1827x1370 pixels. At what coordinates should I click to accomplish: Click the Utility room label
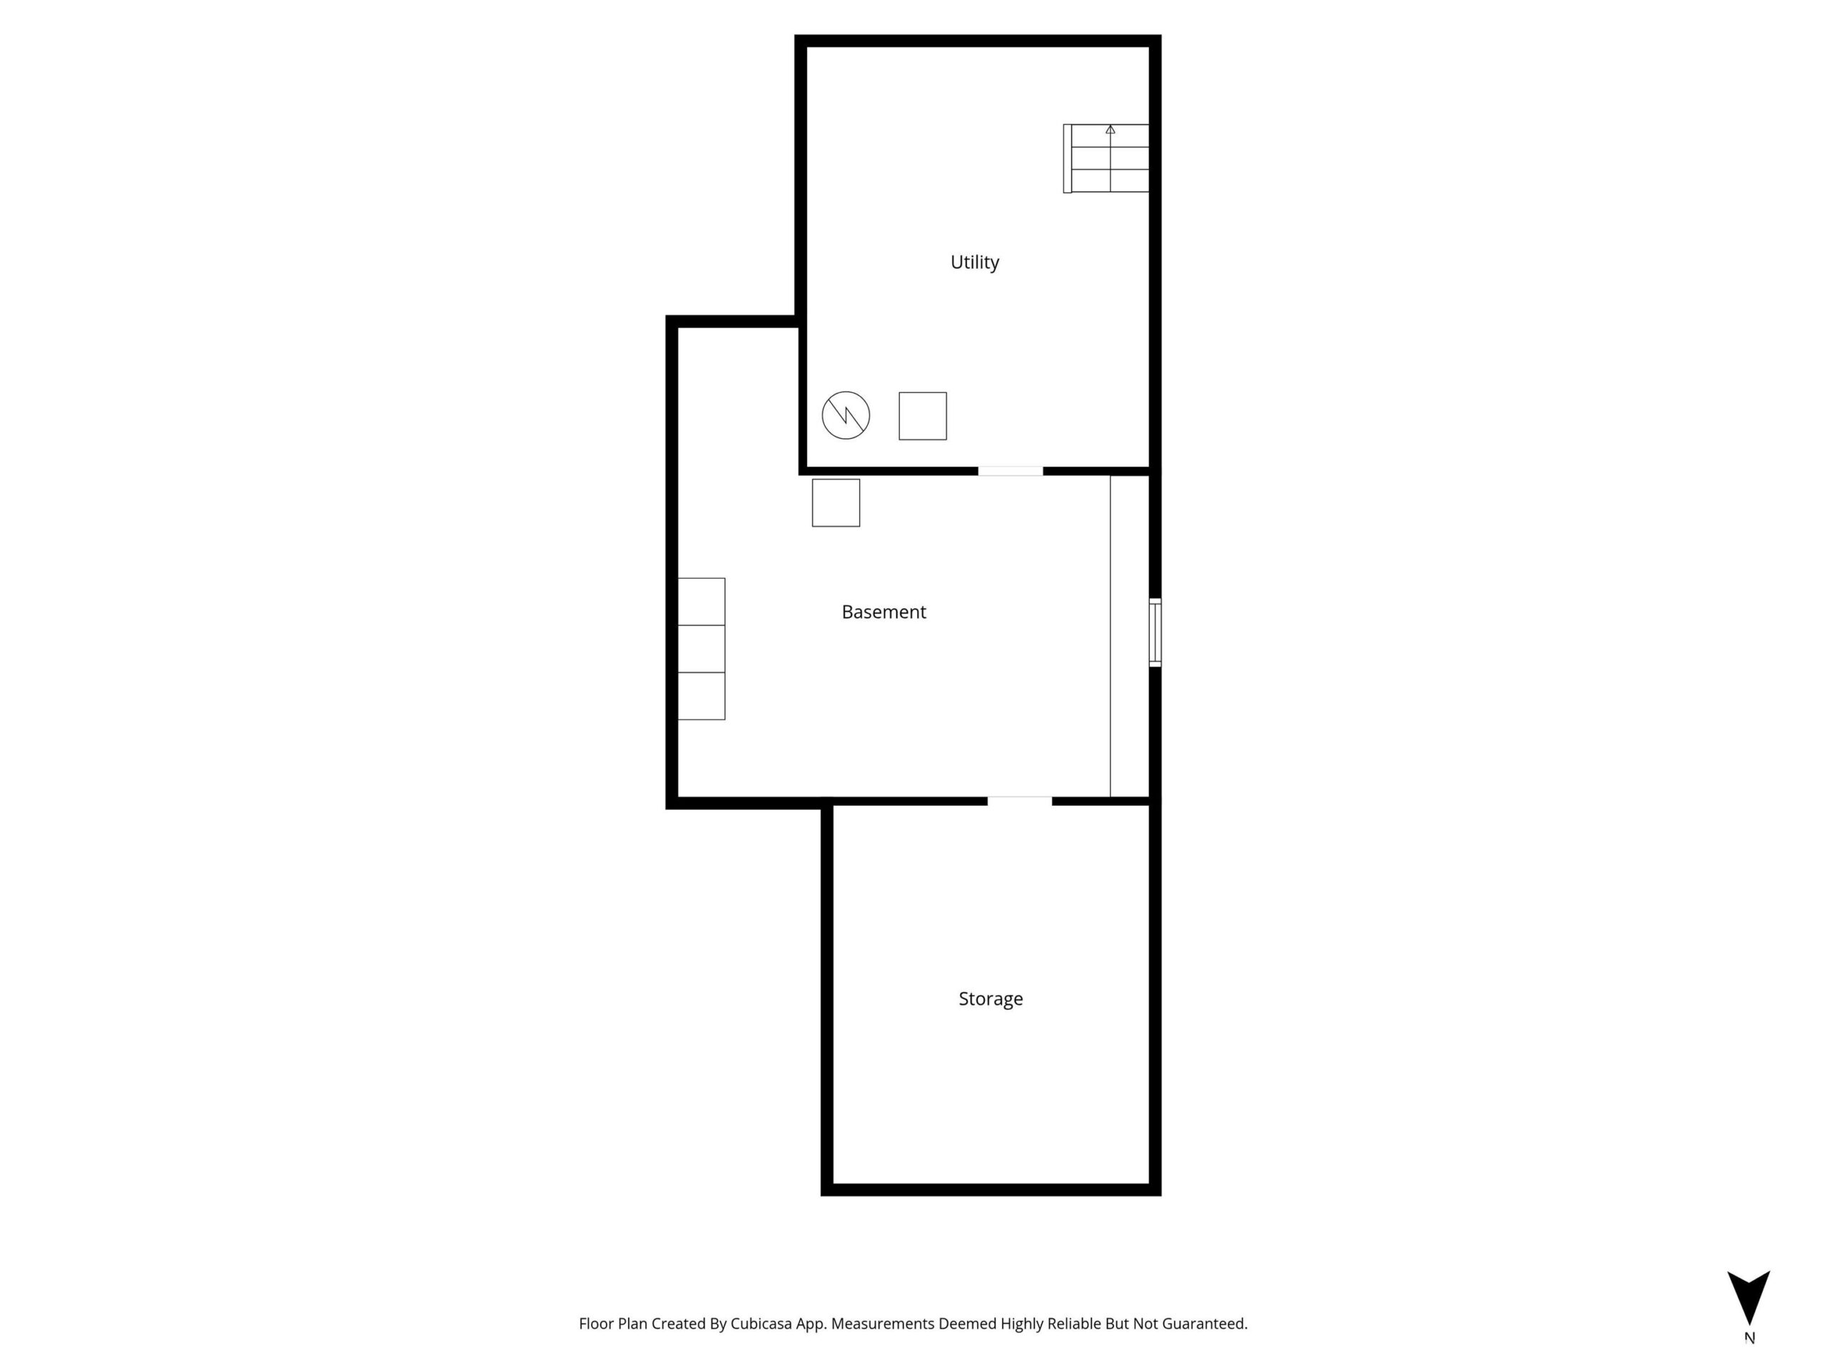(x=975, y=262)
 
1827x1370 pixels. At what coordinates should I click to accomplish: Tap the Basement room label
(x=884, y=612)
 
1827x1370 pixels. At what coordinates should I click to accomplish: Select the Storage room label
(x=991, y=999)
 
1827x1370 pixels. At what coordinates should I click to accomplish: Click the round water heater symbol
(x=846, y=415)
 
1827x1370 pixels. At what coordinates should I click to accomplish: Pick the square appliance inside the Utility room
(x=923, y=416)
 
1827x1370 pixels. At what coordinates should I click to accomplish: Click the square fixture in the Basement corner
(x=836, y=503)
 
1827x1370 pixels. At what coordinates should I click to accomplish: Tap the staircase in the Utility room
(x=1106, y=158)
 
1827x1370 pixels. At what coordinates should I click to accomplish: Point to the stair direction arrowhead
(x=1110, y=130)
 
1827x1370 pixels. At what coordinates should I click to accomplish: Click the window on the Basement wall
(x=1155, y=633)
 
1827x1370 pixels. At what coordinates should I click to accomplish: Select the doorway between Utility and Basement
(x=1011, y=472)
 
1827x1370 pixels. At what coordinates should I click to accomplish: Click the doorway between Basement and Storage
(x=1020, y=801)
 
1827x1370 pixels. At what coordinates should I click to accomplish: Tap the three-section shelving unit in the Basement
(x=702, y=649)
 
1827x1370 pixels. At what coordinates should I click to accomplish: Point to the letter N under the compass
(x=1749, y=1339)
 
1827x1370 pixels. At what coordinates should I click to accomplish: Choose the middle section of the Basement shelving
(x=702, y=649)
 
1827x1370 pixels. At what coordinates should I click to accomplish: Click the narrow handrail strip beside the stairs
(x=1067, y=158)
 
